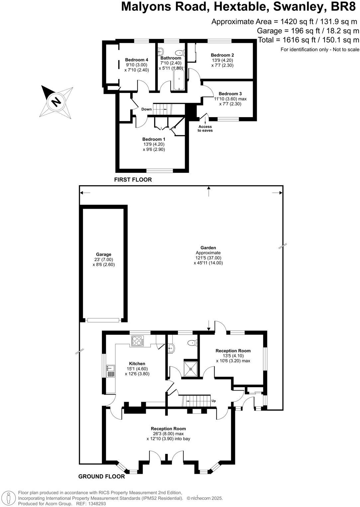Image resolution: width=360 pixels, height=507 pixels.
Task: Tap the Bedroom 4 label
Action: pyautogui.click(x=136, y=60)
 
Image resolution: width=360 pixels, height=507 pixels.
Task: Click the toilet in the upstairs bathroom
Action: pyautogui.click(x=180, y=52)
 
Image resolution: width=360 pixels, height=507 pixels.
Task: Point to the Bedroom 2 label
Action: pyautogui.click(x=222, y=55)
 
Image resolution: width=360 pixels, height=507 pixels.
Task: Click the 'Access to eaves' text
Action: pyautogui.click(x=205, y=128)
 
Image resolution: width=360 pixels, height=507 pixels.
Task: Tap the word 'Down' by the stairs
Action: pyautogui.click(x=146, y=109)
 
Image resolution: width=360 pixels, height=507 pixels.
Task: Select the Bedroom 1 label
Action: pyautogui.click(x=154, y=139)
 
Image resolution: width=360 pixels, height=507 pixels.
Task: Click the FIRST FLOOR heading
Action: pyautogui.click(x=133, y=180)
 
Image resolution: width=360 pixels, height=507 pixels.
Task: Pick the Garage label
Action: pyautogui.click(x=104, y=254)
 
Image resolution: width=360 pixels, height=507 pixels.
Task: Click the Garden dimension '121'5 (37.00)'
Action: pyautogui.click(x=208, y=258)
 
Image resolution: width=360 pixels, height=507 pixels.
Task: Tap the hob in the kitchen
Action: pyautogui.click(x=137, y=341)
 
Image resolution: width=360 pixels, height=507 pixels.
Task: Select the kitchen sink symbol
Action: pyautogui.click(x=110, y=371)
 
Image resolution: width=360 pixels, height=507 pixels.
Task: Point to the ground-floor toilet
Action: pyautogui.click(x=191, y=342)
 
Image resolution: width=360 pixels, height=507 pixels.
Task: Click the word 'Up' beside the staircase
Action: pyautogui.click(x=214, y=401)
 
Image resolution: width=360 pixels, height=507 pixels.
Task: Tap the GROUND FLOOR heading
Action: pyautogui.click(x=102, y=476)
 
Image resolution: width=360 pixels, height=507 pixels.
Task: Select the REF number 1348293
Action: pyautogui.click(x=96, y=504)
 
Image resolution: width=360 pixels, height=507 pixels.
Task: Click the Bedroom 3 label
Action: pyautogui.click(x=230, y=94)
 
